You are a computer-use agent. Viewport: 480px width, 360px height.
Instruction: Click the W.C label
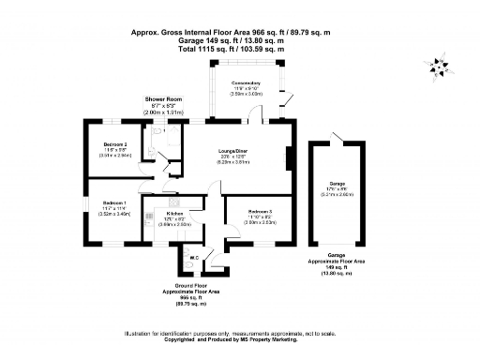click(194, 257)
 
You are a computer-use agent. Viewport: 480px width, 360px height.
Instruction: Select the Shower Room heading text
click(161, 98)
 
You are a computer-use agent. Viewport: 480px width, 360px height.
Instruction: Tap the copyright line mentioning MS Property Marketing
click(240, 343)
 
